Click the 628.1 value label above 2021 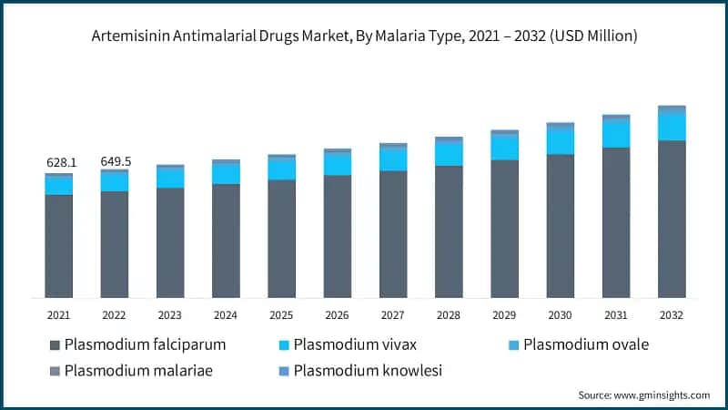[x=62, y=162]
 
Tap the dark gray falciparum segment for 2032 [x=672, y=219]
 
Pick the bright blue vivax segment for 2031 [x=616, y=134]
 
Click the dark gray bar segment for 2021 [x=59, y=246]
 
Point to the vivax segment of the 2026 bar [x=338, y=164]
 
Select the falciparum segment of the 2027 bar [x=393, y=234]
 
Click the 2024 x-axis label [x=226, y=314]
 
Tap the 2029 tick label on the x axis [x=504, y=314]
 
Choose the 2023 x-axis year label [x=170, y=314]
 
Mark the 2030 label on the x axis [x=560, y=314]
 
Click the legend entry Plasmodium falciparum [x=136, y=345]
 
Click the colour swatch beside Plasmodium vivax [x=283, y=345]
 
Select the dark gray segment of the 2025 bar [x=282, y=239]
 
